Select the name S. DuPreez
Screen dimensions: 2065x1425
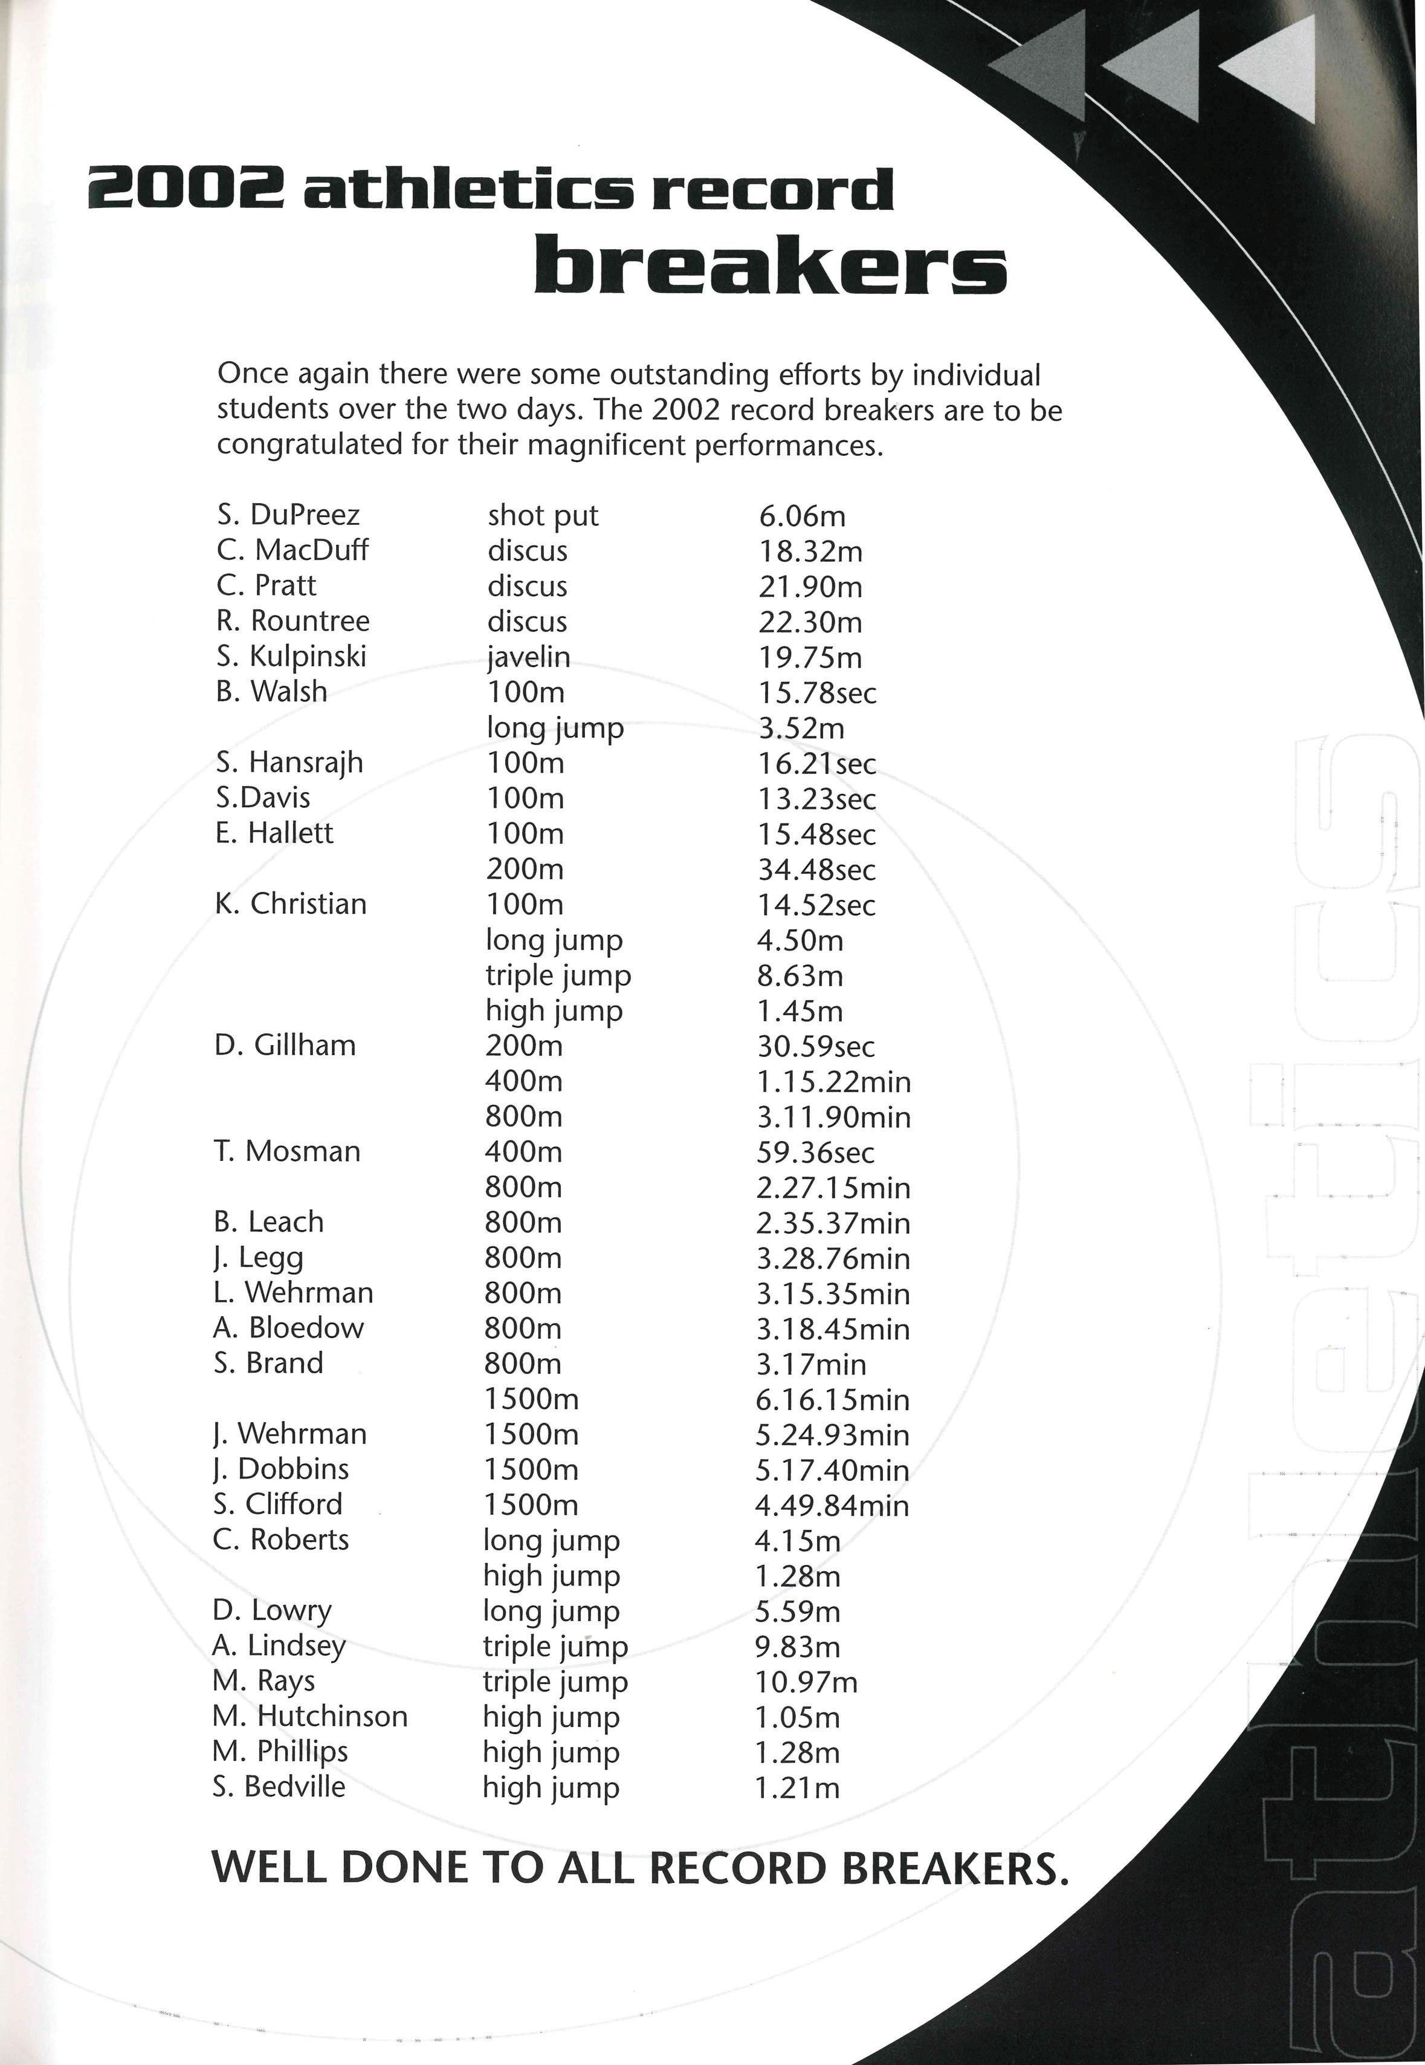[x=288, y=515]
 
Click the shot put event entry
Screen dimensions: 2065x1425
[x=542, y=515]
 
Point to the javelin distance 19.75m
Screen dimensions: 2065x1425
[x=810, y=657]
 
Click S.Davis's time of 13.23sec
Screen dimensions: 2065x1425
[x=817, y=799]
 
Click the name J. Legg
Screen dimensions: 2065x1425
[x=258, y=1258]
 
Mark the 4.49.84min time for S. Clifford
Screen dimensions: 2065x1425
[x=832, y=1506]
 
